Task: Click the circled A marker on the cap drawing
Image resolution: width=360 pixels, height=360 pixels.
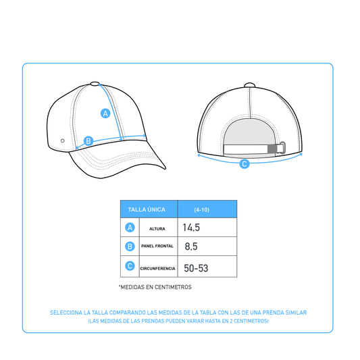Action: click(105, 113)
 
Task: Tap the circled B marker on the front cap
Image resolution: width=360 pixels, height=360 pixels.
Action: click(88, 140)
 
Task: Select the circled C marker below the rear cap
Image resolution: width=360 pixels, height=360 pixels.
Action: click(245, 163)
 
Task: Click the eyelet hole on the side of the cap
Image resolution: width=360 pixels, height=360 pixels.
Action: click(62, 140)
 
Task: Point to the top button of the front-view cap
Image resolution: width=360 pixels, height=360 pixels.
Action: click(95, 84)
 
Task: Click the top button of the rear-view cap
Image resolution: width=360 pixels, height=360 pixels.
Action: click(249, 85)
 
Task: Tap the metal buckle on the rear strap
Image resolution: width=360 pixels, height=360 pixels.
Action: click(282, 148)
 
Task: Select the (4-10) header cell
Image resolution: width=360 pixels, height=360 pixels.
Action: click(207, 209)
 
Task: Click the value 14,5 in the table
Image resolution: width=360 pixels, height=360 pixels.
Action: click(191, 228)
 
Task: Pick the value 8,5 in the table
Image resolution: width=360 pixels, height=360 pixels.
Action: click(191, 247)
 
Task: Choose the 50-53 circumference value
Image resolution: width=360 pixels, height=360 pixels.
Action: click(196, 268)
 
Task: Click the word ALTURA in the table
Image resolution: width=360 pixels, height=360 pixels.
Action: click(157, 229)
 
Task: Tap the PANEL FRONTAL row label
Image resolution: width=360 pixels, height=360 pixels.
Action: click(157, 246)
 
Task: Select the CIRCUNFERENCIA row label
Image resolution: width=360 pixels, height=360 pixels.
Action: click(158, 268)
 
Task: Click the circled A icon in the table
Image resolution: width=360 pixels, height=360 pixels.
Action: click(130, 228)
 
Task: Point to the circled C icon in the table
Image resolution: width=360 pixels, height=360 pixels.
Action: click(130, 266)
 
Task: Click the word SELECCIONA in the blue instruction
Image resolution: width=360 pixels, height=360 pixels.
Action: click(66, 313)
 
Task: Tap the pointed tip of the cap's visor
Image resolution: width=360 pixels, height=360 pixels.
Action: click(165, 169)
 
